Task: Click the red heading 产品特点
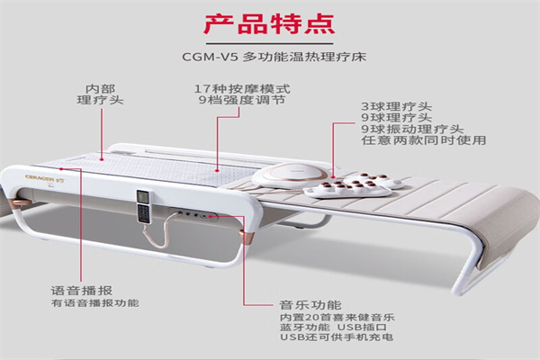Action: click(269, 23)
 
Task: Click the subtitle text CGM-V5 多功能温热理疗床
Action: click(274, 57)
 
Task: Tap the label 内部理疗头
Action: click(100, 94)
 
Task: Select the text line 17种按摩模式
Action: click(242, 89)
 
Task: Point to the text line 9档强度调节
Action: click(242, 100)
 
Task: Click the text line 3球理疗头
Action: click(396, 106)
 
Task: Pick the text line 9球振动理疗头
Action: click(412, 130)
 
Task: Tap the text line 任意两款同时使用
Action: click(424, 140)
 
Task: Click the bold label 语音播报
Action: click(82, 291)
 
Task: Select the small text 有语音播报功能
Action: click(95, 303)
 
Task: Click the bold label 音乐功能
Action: click(310, 305)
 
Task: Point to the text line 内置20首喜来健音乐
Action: click(337, 317)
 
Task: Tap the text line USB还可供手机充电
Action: click(337, 337)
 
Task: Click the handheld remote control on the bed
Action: click(143, 206)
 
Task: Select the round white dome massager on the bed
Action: click(289, 175)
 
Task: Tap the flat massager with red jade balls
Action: click(355, 186)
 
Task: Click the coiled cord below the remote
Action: click(162, 230)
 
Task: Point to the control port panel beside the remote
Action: click(193, 215)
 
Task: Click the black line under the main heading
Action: click(270, 44)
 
